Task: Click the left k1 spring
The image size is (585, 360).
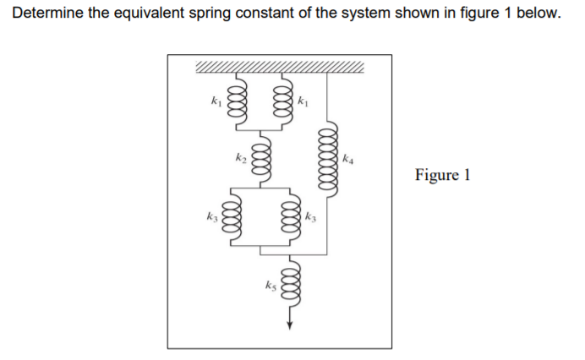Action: (x=238, y=101)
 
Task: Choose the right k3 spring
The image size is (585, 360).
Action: (x=290, y=219)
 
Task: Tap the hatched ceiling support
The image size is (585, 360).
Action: (x=280, y=68)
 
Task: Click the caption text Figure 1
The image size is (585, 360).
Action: (x=441, y=176)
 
